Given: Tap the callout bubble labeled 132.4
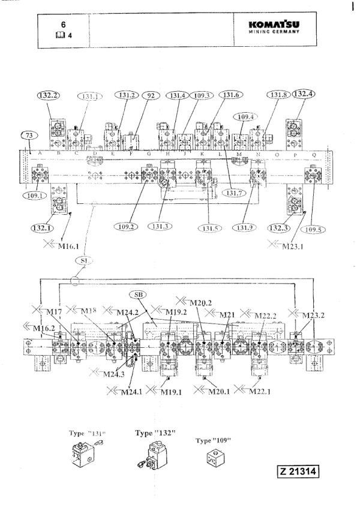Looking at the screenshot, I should tap(302, 94).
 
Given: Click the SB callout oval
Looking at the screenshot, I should tap(137, 294).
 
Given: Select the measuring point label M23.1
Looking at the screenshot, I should tap(286, 244).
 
